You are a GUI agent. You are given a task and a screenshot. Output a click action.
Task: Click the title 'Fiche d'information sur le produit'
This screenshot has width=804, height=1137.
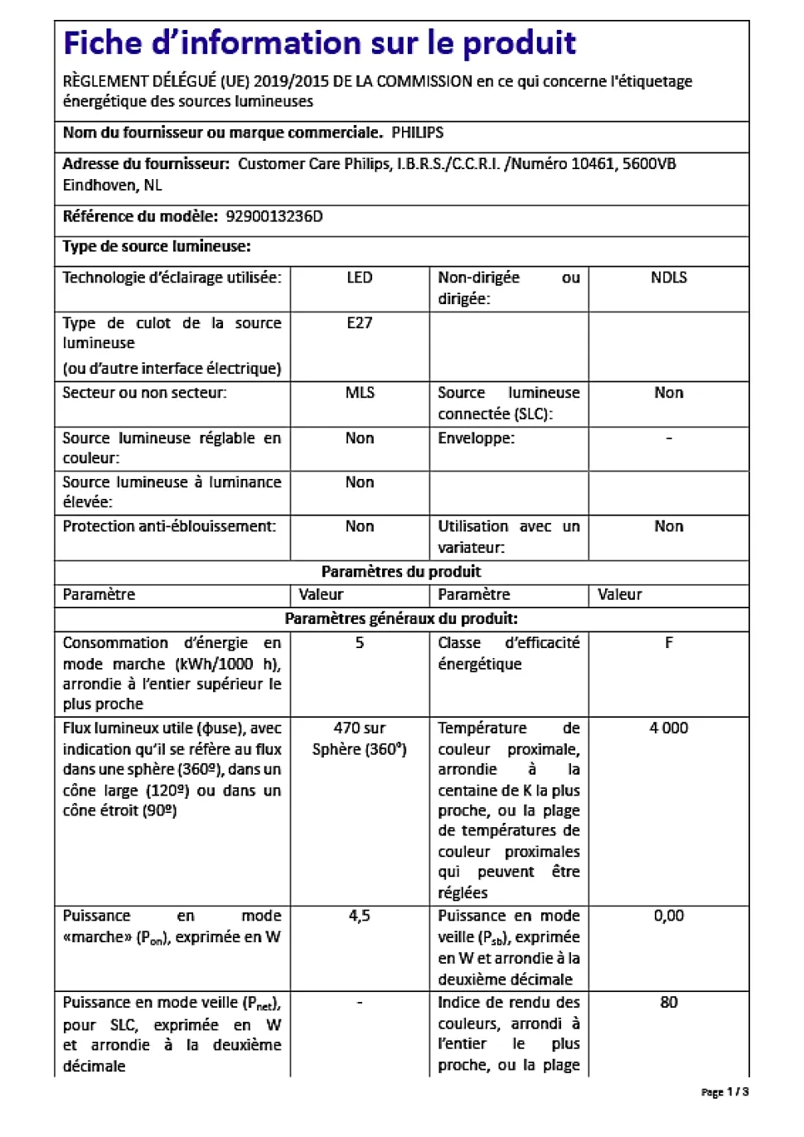(319, 43)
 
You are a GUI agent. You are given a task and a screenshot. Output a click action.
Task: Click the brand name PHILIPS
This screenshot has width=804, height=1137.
(417, 133)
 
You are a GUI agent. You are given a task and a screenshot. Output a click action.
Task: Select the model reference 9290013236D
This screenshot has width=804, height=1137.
(274, 216)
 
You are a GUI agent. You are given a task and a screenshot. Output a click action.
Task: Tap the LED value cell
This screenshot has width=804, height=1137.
(360, 278)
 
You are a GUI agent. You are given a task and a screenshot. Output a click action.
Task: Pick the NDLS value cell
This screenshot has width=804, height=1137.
(668, 278)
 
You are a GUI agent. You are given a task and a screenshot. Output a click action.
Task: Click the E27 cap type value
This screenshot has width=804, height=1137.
(360, 323)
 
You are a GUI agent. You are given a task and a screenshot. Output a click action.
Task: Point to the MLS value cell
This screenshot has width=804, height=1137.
(360, 393)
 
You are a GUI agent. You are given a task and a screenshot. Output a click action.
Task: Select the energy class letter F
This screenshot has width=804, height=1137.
(668, 643)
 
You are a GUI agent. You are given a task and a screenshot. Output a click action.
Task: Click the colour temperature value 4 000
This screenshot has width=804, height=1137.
(668, 728)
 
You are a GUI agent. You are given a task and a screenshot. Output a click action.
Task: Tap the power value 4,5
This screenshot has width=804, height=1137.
(360, 916)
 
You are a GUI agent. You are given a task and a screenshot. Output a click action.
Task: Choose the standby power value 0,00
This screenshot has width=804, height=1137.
(668, 916)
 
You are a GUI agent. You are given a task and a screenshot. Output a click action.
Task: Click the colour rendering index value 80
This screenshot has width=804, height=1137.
(668, 1002)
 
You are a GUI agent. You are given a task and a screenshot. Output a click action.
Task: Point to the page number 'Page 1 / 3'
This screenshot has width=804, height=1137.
(724, 1092)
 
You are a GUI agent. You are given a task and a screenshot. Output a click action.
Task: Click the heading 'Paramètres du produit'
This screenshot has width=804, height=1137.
(401, 572)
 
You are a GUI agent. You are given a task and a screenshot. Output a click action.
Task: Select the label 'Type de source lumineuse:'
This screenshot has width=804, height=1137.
(157, 246)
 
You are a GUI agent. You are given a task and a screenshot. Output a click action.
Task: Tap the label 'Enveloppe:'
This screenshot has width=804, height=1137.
(476, 438)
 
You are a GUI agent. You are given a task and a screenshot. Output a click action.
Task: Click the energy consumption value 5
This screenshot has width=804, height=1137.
(360, 643)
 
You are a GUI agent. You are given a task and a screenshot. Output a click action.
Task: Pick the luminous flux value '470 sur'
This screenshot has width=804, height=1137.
(360, 728)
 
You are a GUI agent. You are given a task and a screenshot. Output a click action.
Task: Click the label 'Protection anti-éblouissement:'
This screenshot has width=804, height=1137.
(169, 526)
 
